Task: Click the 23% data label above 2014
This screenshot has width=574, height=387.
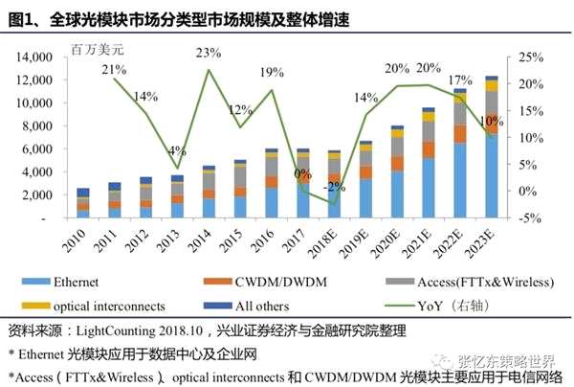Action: coord(208,52)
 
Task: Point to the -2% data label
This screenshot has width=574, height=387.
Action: coord(332,187)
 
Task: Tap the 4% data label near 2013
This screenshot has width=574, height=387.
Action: coord(178,150)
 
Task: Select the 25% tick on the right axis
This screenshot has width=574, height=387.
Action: coord(532,57)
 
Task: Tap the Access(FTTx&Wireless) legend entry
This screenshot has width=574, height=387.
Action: coord(451,282)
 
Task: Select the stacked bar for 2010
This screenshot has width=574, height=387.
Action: coord(84,204)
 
